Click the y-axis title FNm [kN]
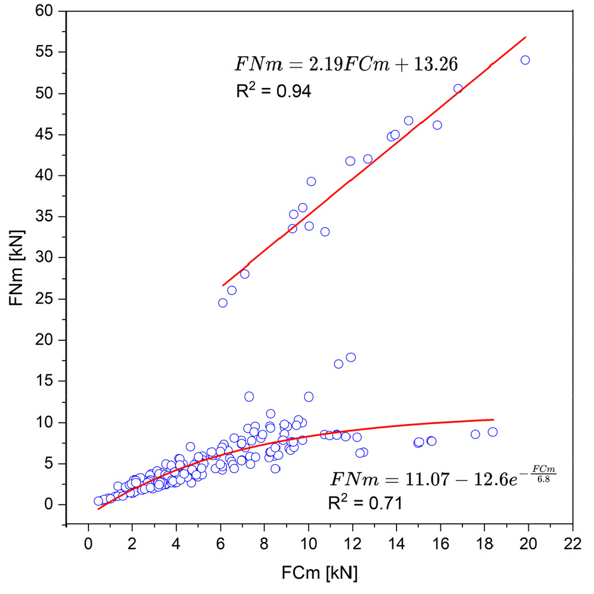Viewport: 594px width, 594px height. click(17, 269)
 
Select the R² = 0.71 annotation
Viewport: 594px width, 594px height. click(364, 504)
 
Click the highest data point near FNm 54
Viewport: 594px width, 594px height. click(525, 60)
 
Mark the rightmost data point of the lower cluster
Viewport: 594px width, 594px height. click(493, 432)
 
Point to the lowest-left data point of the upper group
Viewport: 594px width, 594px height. click(223, 303)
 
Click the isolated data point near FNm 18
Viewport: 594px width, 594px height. click(351, 357)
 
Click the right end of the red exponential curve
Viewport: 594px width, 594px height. click(493, 419)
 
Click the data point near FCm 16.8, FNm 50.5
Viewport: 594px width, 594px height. click(458, 89)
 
